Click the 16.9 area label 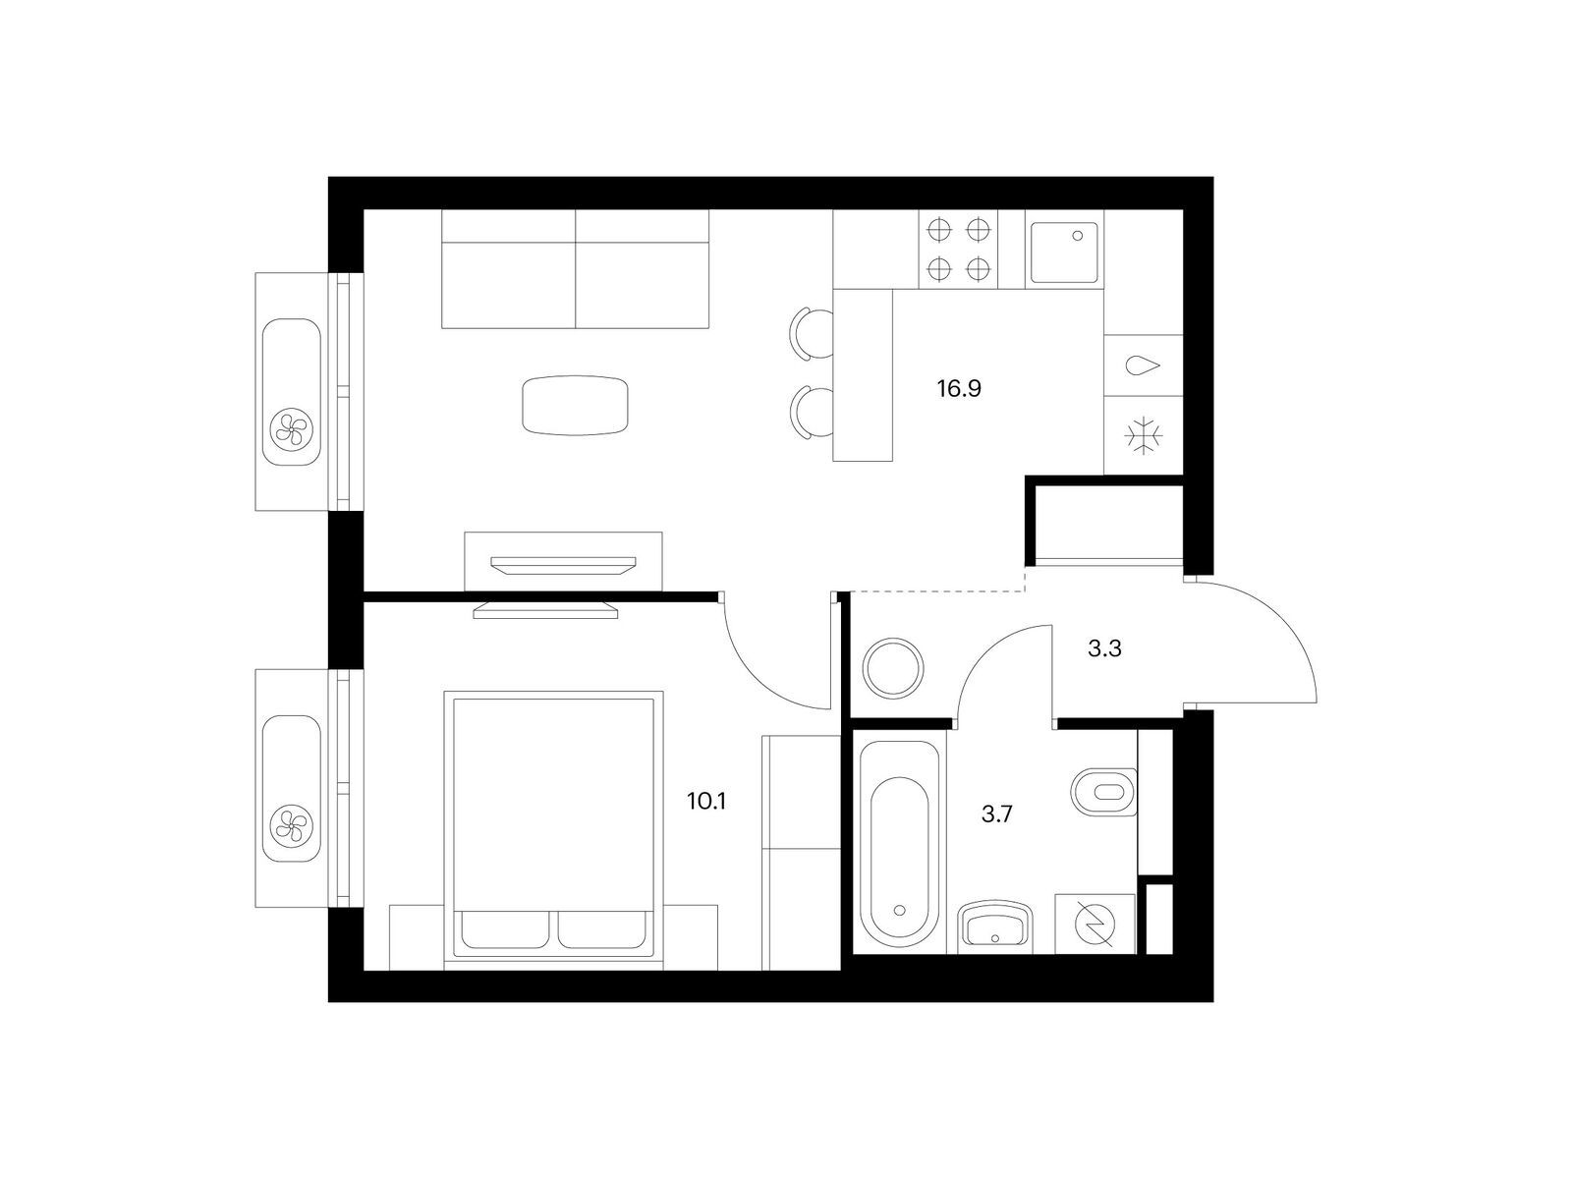tap(958, 389)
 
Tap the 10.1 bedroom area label tap(706, 801)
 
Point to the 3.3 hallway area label tap(1104, 648)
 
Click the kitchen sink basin tap(1063, 252)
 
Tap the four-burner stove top tap(958, 250)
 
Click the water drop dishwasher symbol tap(1142, 365)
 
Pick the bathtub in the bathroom tap(900, 843)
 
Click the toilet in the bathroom tap(1103, 792)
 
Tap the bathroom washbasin tap(994, 927)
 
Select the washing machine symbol tap(1095, 924)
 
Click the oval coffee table tap(575, 406)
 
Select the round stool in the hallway tap(893, 668)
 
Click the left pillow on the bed tap(505, 929)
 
